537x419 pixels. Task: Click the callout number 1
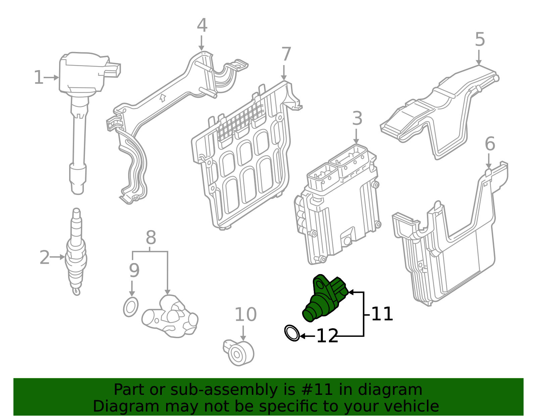tap(39, 77)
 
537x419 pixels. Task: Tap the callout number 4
tap(202, 25)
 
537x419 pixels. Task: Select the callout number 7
tap(286, 54)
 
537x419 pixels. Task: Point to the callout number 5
tap(480, 40)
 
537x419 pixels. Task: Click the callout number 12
tap(327, 336)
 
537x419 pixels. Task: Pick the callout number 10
tap(245, 315)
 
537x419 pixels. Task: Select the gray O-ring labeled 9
tap(131, 307)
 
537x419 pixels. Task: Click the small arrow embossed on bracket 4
tap(163, 98)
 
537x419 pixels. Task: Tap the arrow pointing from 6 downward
tap(489, 161)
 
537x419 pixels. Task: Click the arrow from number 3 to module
tap(356, 137)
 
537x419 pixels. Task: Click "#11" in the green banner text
tap(317, 390)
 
